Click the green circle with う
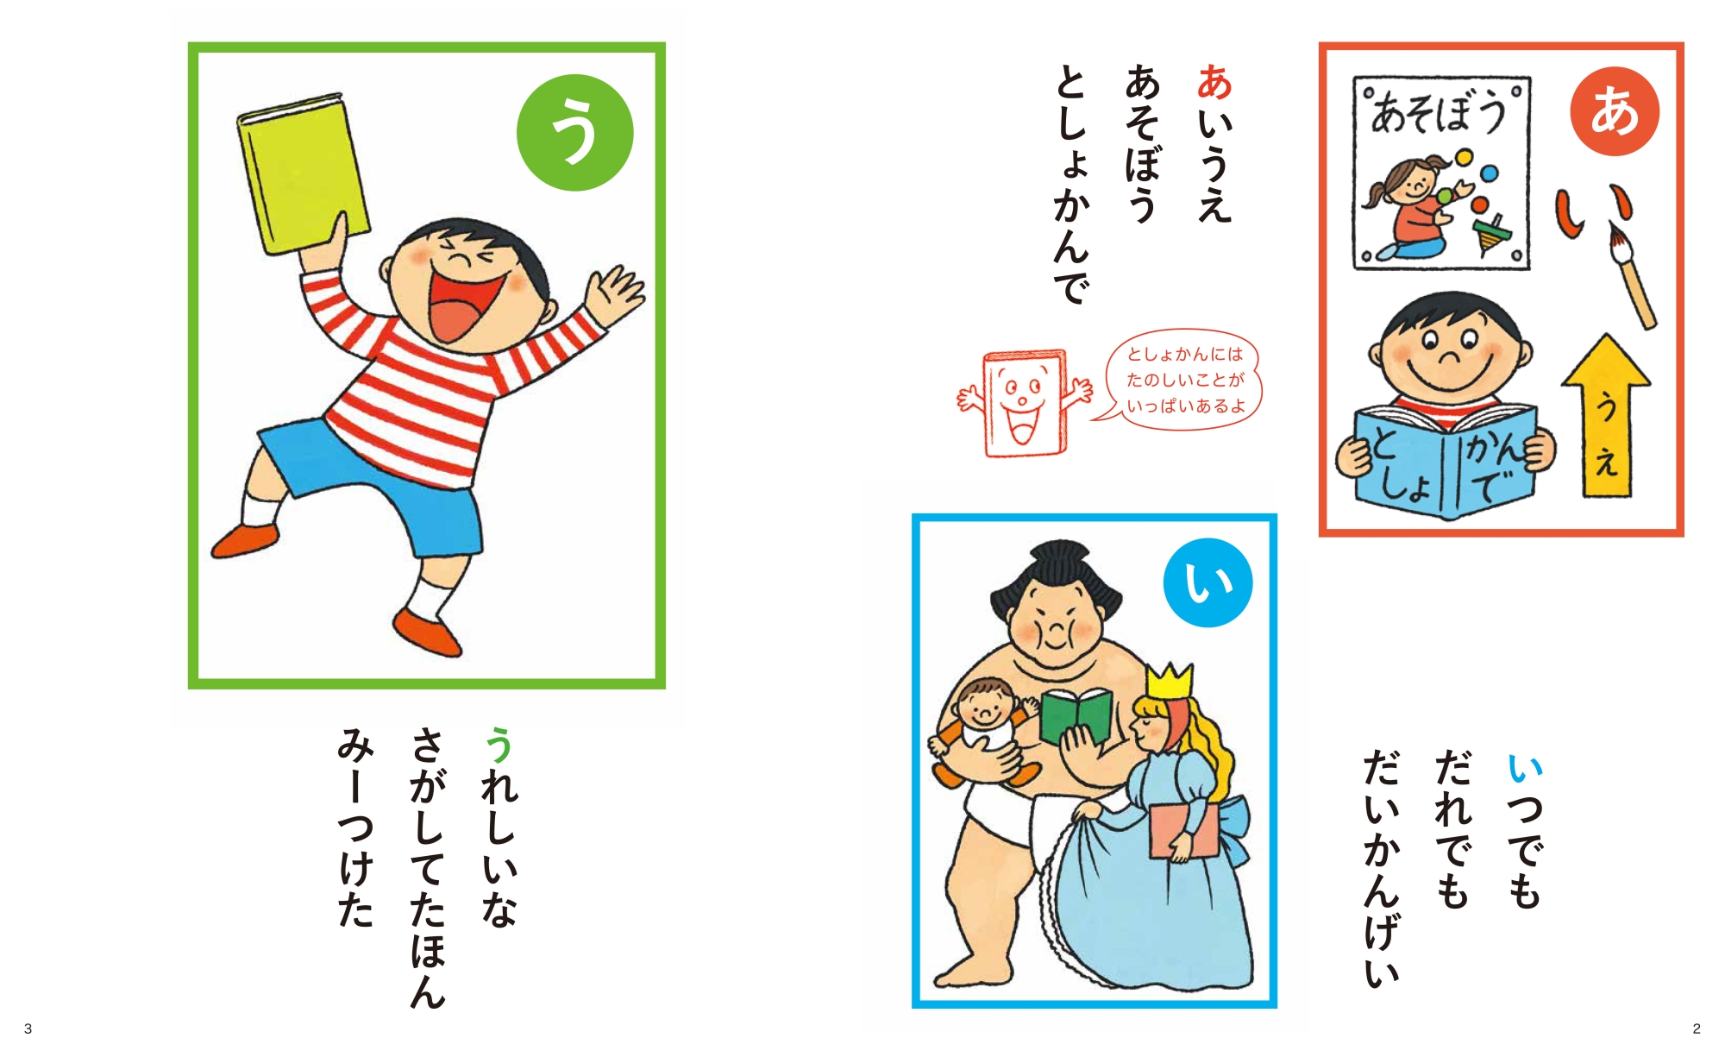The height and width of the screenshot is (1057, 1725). (x=575, y=132)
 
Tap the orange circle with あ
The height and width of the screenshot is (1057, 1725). (x=1615, y=110)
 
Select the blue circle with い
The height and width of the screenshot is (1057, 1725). (x=1207, y=582)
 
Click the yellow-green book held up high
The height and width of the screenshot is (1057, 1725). (x=304, y=174)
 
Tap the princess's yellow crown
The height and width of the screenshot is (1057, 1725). (x=1170, y=682)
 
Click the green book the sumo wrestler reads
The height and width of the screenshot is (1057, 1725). (x=1075, y=716)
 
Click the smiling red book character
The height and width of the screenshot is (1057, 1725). (x=1025, y=403)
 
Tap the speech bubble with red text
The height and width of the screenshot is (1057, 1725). (x=1182, y=379)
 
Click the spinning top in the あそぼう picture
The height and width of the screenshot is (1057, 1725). (x=1492, y=235)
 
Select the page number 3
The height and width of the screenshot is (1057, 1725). (x=28, y=1029)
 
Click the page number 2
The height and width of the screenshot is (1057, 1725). (x=1697, y=1029)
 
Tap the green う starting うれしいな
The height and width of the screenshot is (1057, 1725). (x=499, y=745)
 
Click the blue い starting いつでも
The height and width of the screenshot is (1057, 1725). (x=1524, y=766)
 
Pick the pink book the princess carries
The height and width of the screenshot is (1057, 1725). (x=1183, y=830)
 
